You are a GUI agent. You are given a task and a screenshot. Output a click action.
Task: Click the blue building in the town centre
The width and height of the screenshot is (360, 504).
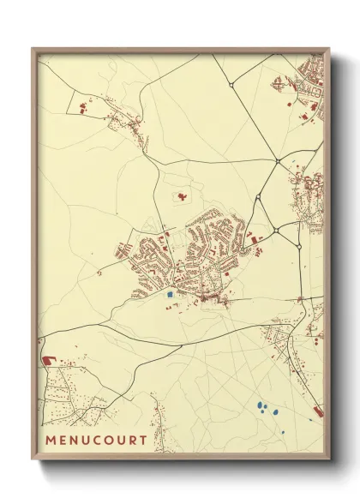click(170, 294)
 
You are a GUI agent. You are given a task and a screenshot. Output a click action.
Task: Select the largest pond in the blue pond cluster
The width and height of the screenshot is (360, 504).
click(276, 413)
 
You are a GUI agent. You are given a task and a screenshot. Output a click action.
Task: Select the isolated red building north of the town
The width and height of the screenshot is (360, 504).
click(182, 196)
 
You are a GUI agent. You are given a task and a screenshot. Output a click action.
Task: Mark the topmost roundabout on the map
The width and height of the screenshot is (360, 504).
click(231, 85)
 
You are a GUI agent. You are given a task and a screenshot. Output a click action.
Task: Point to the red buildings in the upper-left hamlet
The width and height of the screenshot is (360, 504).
click(84, 109)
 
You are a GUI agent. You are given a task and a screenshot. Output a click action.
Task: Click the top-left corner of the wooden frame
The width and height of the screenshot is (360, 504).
click(33, 48)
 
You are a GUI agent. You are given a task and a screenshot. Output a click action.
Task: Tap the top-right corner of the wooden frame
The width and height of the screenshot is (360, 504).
click(330, 49)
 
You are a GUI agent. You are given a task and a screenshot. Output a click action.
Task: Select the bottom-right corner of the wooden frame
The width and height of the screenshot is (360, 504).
click(330, 460)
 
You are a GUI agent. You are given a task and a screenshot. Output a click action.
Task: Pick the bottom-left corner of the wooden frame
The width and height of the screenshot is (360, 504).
click(33, 460)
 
